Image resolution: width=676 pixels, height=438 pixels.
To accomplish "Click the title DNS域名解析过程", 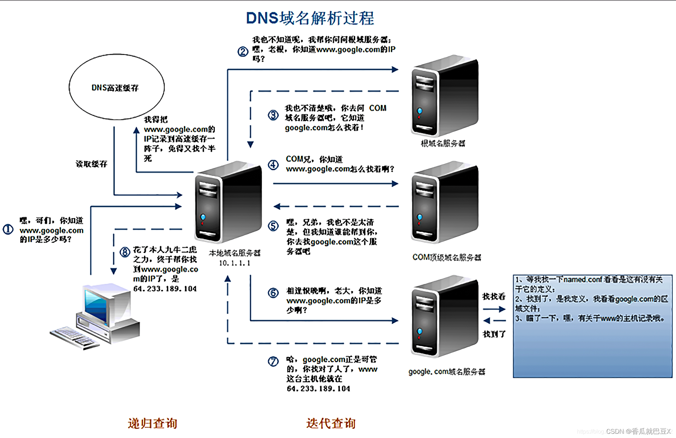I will pos(310,18).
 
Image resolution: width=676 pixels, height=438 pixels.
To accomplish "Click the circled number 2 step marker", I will pos(243,52).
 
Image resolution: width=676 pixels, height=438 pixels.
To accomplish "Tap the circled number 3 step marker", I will pos(273,115).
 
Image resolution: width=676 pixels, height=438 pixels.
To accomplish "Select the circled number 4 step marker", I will pos(273,165).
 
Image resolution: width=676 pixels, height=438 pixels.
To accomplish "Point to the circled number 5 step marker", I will pos(273,226).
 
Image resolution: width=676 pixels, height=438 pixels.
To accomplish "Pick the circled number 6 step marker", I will pos(273,293).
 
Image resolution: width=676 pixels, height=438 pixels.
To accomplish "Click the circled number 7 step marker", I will pos(273,361).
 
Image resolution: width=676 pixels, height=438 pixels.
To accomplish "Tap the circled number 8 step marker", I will pos(125,252).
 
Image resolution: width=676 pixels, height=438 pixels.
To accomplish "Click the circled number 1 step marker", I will pos(8,229).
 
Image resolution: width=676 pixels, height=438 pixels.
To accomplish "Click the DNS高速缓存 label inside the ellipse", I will pos(115,88).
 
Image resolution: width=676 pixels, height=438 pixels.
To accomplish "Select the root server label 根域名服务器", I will pos(443,143).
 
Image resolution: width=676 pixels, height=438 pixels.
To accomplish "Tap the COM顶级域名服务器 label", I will pos(446,258).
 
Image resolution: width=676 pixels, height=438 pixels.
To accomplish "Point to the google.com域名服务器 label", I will pos(446,372).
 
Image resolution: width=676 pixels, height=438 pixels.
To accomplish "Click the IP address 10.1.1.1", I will pos(234,263).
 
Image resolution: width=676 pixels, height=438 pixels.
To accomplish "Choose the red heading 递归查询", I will pos(152,423).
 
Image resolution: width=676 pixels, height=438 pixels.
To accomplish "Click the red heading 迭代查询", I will pos(331,423).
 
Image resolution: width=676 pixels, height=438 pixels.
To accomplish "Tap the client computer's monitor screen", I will pos(96,305).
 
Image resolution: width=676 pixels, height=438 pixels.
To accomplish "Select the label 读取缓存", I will pos(92,164).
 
